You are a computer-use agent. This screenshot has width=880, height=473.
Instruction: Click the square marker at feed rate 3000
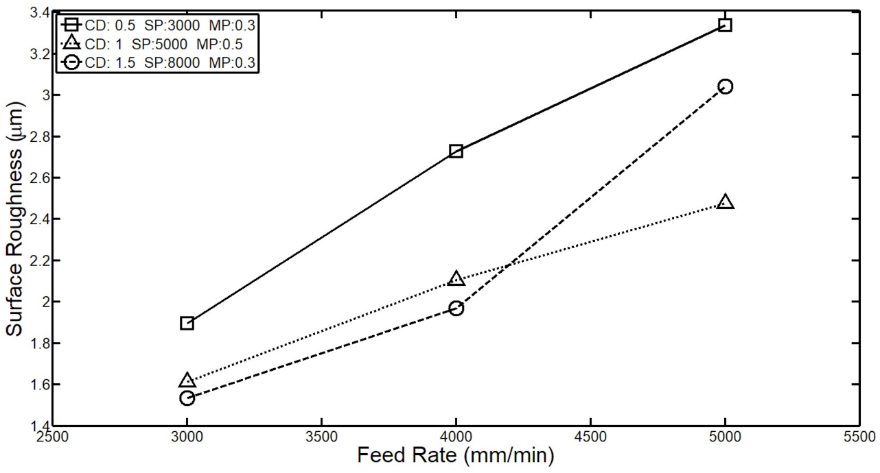(187, 323)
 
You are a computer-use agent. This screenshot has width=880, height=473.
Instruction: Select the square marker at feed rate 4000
(456, 151)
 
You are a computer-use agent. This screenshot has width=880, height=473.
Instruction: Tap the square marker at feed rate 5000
(725, 25)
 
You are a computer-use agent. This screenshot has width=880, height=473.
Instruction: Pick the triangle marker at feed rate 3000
(187, 380)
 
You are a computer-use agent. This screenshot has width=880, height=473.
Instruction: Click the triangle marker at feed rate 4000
(456, 278)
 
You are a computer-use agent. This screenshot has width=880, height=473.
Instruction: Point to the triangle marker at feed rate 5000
(725, 202)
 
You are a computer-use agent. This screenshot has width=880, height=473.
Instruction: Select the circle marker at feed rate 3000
(187, 398)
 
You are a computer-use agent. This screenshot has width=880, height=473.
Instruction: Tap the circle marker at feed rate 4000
(456, 308)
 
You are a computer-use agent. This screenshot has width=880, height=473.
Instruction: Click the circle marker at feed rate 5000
(725, 86)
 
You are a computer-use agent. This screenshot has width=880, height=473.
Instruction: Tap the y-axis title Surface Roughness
(16, 219)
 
